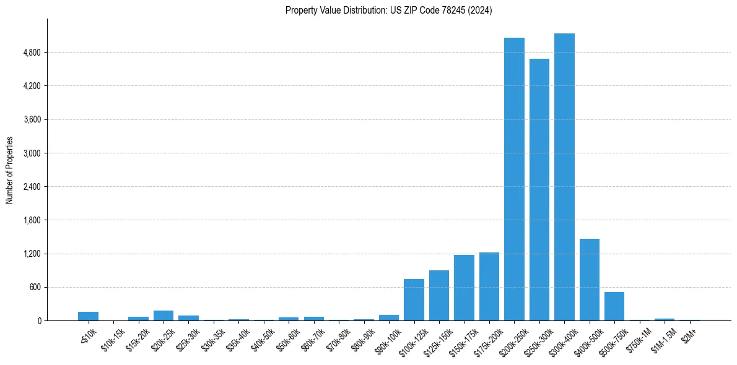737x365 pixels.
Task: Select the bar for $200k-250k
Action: pos(514,179)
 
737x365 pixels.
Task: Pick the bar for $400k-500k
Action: pos(590,280)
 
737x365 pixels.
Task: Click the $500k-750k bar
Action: pos(614,306)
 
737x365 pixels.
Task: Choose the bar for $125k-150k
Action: pos(439,296)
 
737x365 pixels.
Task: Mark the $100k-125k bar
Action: pos(414,300)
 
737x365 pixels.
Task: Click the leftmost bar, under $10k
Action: pos(88,316)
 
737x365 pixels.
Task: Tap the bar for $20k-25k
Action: pos(164,316)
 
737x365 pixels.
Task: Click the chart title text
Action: pos(389,11)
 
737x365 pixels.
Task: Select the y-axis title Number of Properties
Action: pos(10,170)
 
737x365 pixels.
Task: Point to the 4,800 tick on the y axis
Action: pos(32,53)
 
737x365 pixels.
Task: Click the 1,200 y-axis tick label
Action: pos(32,254)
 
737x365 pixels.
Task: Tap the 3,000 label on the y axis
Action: pos(32,153)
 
